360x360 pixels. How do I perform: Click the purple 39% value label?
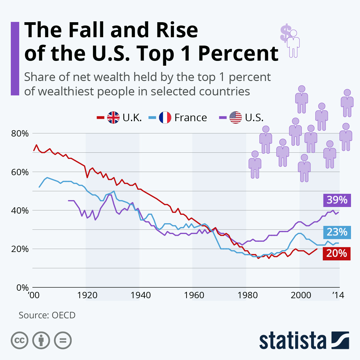point(337,200)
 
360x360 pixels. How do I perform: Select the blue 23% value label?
point(337,232)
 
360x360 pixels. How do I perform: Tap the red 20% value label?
point(336,253)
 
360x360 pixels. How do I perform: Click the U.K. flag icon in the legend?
point(113,118)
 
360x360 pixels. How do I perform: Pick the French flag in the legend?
point(165,118)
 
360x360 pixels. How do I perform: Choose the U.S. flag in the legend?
point(235,118)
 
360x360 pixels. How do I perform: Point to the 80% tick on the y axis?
point(20,133)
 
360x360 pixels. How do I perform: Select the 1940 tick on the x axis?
point(141,295)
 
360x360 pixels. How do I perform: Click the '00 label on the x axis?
point(34,295)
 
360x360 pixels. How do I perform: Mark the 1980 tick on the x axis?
point(248,295)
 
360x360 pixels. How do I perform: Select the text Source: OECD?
point(47,315)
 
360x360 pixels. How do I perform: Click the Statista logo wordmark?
point(293,341)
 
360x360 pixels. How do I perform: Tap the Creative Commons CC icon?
point(19,340)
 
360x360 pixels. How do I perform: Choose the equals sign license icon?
point(63,340)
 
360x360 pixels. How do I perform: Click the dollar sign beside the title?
point(285,33)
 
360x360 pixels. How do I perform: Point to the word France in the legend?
point(190,118)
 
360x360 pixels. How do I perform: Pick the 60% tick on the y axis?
point(20,172)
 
